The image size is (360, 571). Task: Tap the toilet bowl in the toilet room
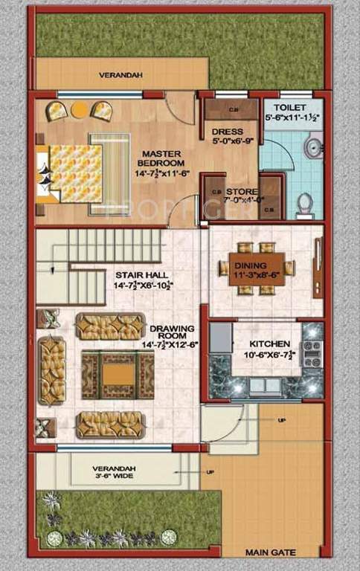pyautogui.click(x=304, y=204)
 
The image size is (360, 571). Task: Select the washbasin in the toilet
pyautogui.click(x=316, y=146)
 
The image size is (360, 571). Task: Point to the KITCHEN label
pyautogui.click(x=269, y=344)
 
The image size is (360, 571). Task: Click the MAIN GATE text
pyautogui.click(x=271, y=552)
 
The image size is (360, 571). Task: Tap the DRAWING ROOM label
pyautogui.click(x=171, y=328)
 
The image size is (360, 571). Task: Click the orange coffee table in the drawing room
pyautogui.click(x=112, y=374)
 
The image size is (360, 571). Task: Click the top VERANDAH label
pyautogui.click(x=120, y=75)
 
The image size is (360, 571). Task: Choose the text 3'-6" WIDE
pyautogui.click(x=113, y=477)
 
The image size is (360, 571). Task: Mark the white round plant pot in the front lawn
pyautogui.click(x=169, y=536)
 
